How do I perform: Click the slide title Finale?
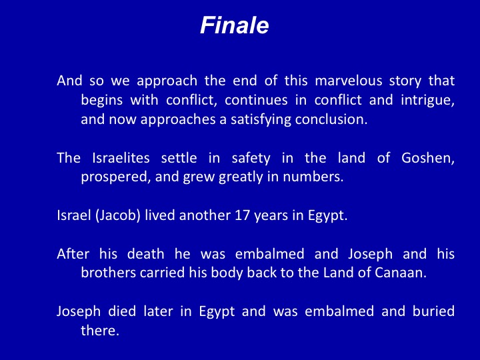coord(235,25)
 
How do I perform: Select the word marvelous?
coord(349,81)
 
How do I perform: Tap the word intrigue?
coord(427,101)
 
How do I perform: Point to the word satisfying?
coord(261,120)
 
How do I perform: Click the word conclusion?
coord(331,119)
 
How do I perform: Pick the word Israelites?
coord(121,158)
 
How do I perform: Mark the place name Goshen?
coord(427,158)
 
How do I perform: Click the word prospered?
coord(116,177)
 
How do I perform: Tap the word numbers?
coord(313,177)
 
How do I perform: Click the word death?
coord(146,254)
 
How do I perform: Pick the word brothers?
coord(109,273)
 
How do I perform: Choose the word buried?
coord(433,311)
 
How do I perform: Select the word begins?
coord(102,101)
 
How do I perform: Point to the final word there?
coord(100,331)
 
